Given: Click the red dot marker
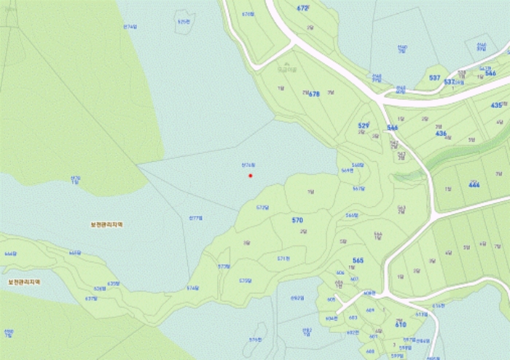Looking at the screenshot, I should coord(251,175).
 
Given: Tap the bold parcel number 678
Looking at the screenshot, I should coord(314,94).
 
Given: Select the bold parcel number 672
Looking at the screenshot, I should coord(303,8).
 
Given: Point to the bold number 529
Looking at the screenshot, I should coord(364,126).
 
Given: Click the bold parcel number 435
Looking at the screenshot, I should coord(496,105).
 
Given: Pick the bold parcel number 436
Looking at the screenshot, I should coord(441,133).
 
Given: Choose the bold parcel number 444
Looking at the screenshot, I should coord(474,185).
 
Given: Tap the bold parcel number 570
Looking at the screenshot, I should coord(297,219).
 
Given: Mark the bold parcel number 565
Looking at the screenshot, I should coord(358,260).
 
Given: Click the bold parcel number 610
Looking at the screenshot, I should coord(400,324).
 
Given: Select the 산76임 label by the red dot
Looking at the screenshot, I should coord(248,165).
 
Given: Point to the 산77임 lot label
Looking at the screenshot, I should coord(195,218).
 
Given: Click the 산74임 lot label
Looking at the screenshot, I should coord(130,26).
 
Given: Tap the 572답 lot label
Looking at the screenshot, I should coord(263,207).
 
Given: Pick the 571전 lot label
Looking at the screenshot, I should coord(283,258).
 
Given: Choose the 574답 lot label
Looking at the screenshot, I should coord(192,288).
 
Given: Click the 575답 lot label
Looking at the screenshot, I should coord(245,281).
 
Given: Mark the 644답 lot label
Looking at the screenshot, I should coord(10,254).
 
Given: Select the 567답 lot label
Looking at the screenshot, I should coord(358,188).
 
